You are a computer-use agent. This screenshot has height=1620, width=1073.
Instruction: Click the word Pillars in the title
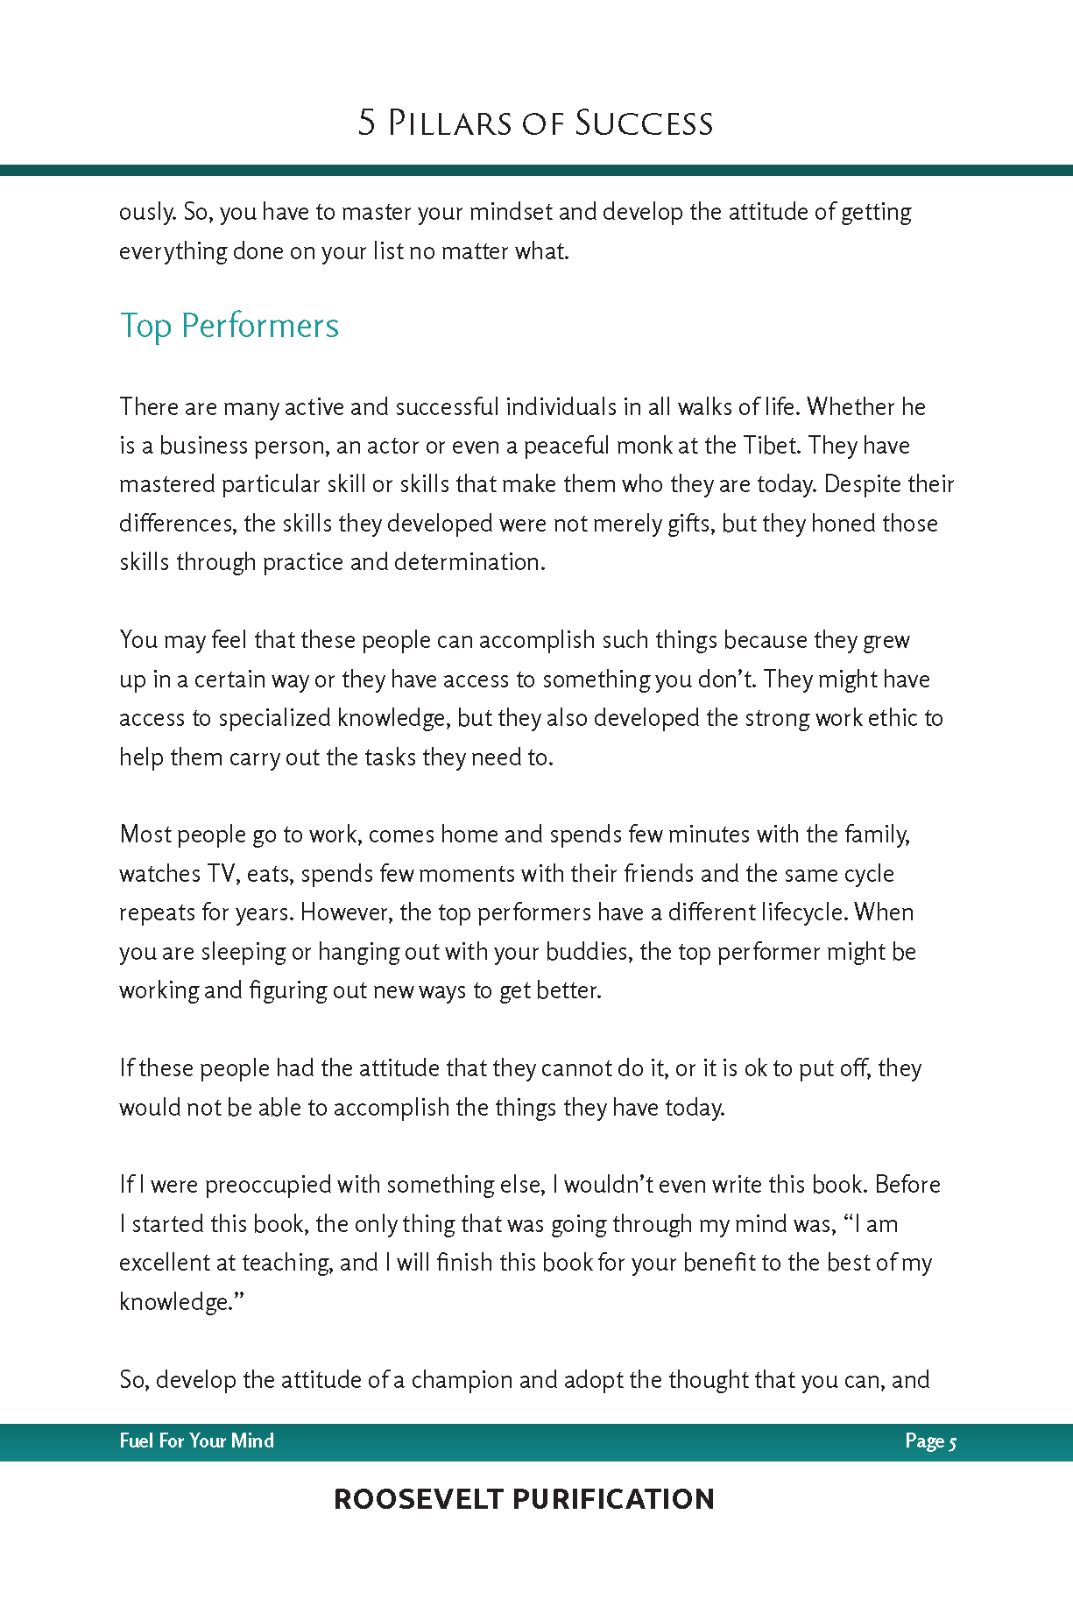pyautogui.click(x=448, y=123)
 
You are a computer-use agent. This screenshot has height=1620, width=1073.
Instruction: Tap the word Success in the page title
pyautogui.click(x=644, y=123)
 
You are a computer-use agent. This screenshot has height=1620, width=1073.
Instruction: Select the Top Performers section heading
pyautogui.click(x=229, y=326)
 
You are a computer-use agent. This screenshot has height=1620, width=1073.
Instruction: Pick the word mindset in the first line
pyautogui.click(x=511, y=212)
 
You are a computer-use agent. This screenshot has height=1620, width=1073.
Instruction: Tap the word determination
pyautogui.click(x=469, y=562)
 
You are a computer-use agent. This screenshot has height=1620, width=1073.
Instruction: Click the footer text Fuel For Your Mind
pyautogui.click(x=196, y=1440)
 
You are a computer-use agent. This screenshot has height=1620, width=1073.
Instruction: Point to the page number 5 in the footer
pyautogui.click(x=952, y=1441)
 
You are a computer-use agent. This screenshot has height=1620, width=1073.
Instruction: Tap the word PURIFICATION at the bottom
pyautogui.click(x=613, y=1499)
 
